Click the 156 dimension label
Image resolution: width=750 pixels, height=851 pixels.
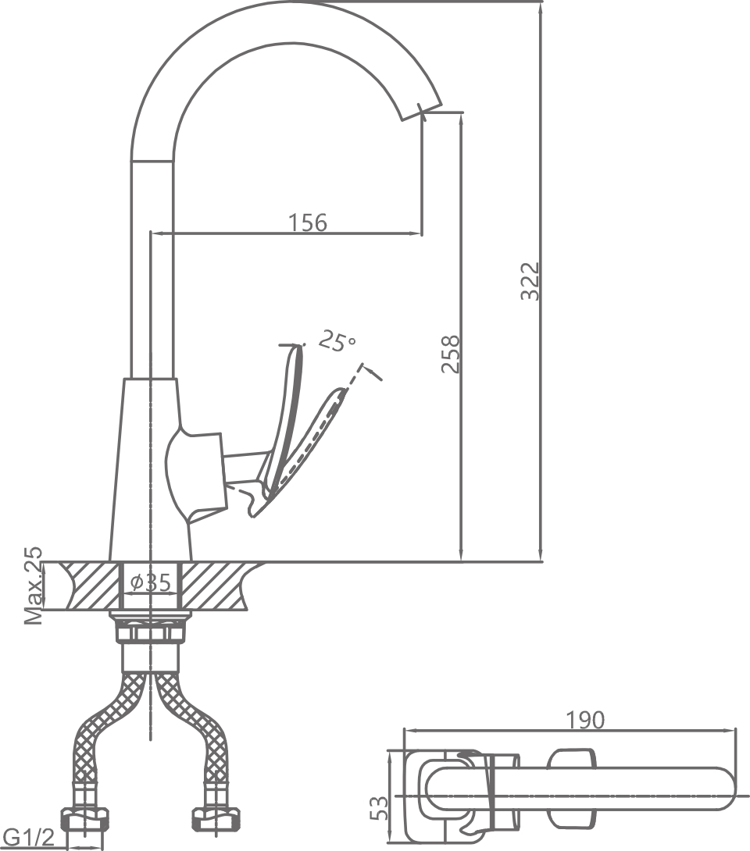click(x=308, y=222)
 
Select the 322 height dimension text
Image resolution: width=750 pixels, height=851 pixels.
click(x=530, y=281)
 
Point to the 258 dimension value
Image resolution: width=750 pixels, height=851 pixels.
click(x=451, y=354)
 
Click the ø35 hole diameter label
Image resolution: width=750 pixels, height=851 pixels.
click(x=151, y=582)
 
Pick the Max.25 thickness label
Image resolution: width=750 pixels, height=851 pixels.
click(x=33, y=586)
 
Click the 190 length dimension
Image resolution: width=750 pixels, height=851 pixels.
click(x=585, y=719)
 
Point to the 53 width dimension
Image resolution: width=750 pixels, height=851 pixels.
click(x=378, y=807)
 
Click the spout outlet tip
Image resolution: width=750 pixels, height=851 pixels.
click(x=422, y=109)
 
